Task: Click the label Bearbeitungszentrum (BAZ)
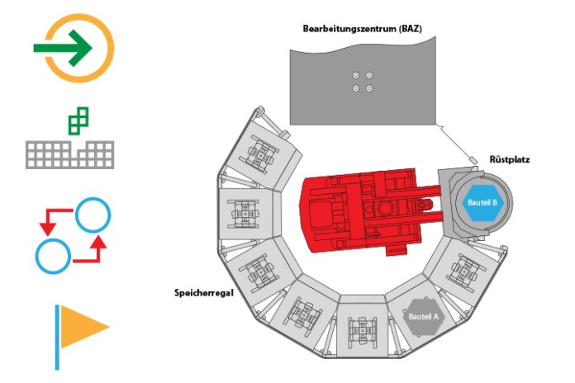362,29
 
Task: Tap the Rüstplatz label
510,160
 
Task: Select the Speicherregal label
203,293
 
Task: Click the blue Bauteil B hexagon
482,202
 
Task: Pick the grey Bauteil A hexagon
423,316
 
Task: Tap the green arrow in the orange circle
62,48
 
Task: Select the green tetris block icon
78,121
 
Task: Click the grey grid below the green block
69,155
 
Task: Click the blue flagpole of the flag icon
57,337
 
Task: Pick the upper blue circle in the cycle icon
93,215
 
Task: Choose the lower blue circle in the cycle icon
53,256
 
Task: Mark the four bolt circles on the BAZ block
363,82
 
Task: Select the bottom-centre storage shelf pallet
362,328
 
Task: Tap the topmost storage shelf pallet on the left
260,152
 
